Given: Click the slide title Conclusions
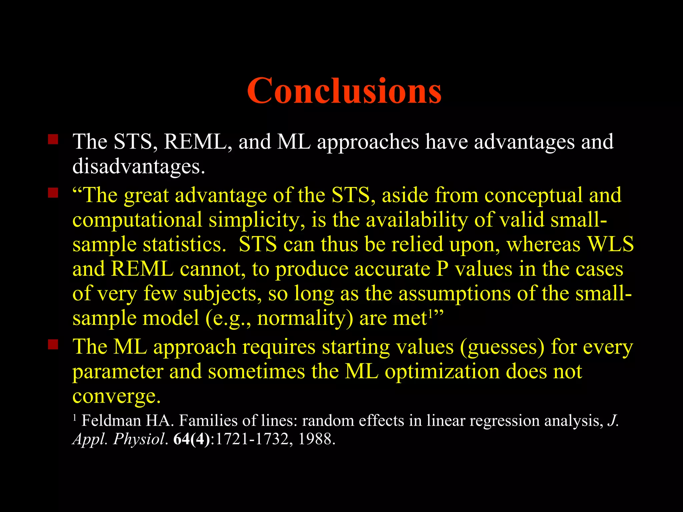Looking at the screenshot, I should [344, 91].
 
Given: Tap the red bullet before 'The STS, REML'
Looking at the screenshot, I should [53, 139].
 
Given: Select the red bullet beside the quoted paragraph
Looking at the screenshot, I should [53, 193].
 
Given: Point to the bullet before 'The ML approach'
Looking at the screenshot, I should [53, 344].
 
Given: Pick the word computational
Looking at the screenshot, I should [137, 220].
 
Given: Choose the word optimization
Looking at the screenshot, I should [442, 371].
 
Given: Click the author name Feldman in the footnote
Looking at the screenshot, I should [111, 421].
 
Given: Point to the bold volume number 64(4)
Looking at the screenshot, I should [192, 439].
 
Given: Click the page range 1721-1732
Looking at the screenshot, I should [252, 439].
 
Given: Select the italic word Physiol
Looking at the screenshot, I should [139, 439].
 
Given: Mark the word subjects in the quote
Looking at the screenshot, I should [222, 294].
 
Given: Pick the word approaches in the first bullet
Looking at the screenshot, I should [368, 142].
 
